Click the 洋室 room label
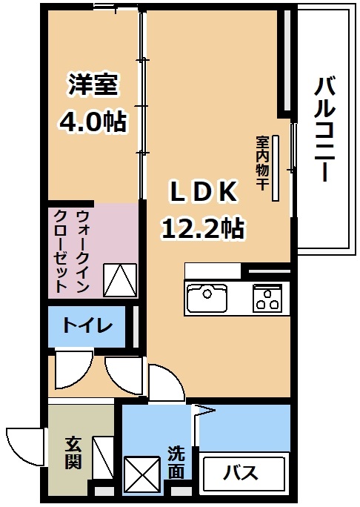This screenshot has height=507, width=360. point(93,84)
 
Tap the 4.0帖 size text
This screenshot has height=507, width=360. point(92,122)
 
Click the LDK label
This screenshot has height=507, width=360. point(203,191)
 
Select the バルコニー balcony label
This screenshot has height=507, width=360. point(324,129)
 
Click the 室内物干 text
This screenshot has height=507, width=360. point(262,163)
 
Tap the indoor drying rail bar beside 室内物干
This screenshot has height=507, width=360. point(276,168)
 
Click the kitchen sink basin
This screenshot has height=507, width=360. point(207,297)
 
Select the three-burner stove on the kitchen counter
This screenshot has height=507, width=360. point(267,298)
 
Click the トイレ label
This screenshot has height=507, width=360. point(87,325)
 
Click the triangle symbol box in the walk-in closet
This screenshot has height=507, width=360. point(120,280)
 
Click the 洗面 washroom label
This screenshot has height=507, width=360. point(176,463)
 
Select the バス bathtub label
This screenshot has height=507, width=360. point(241,473)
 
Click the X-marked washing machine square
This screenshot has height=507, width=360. point(142,474)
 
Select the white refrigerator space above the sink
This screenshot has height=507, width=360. point(213,271)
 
